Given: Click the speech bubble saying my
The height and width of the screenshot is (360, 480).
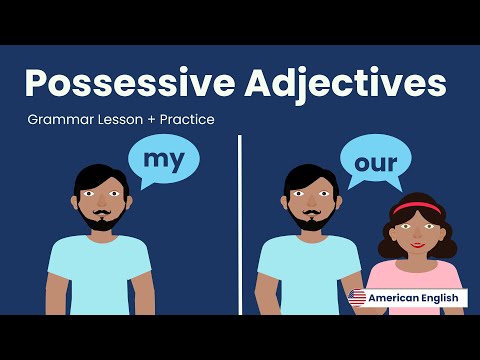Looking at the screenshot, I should click(x=163, y=160).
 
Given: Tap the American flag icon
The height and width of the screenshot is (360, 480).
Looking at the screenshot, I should click(x=357, y=297).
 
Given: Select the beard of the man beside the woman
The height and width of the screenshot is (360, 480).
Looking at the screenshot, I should click(x=309, y=218).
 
